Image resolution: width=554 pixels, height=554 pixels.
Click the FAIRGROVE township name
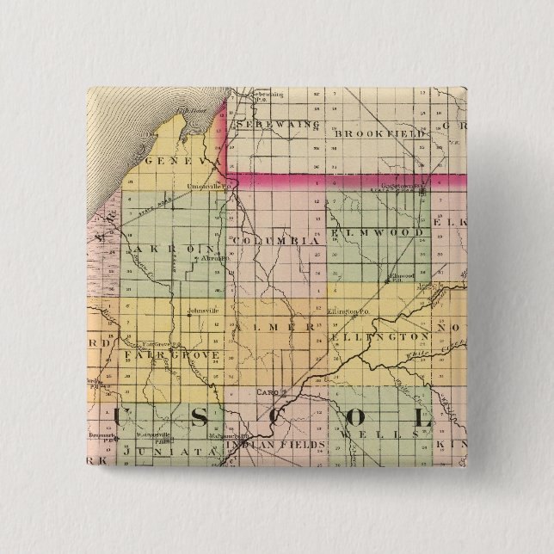pyautogui.click(x=171, y=354)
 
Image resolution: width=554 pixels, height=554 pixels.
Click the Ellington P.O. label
pyautogui.click(x=348, y=310)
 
